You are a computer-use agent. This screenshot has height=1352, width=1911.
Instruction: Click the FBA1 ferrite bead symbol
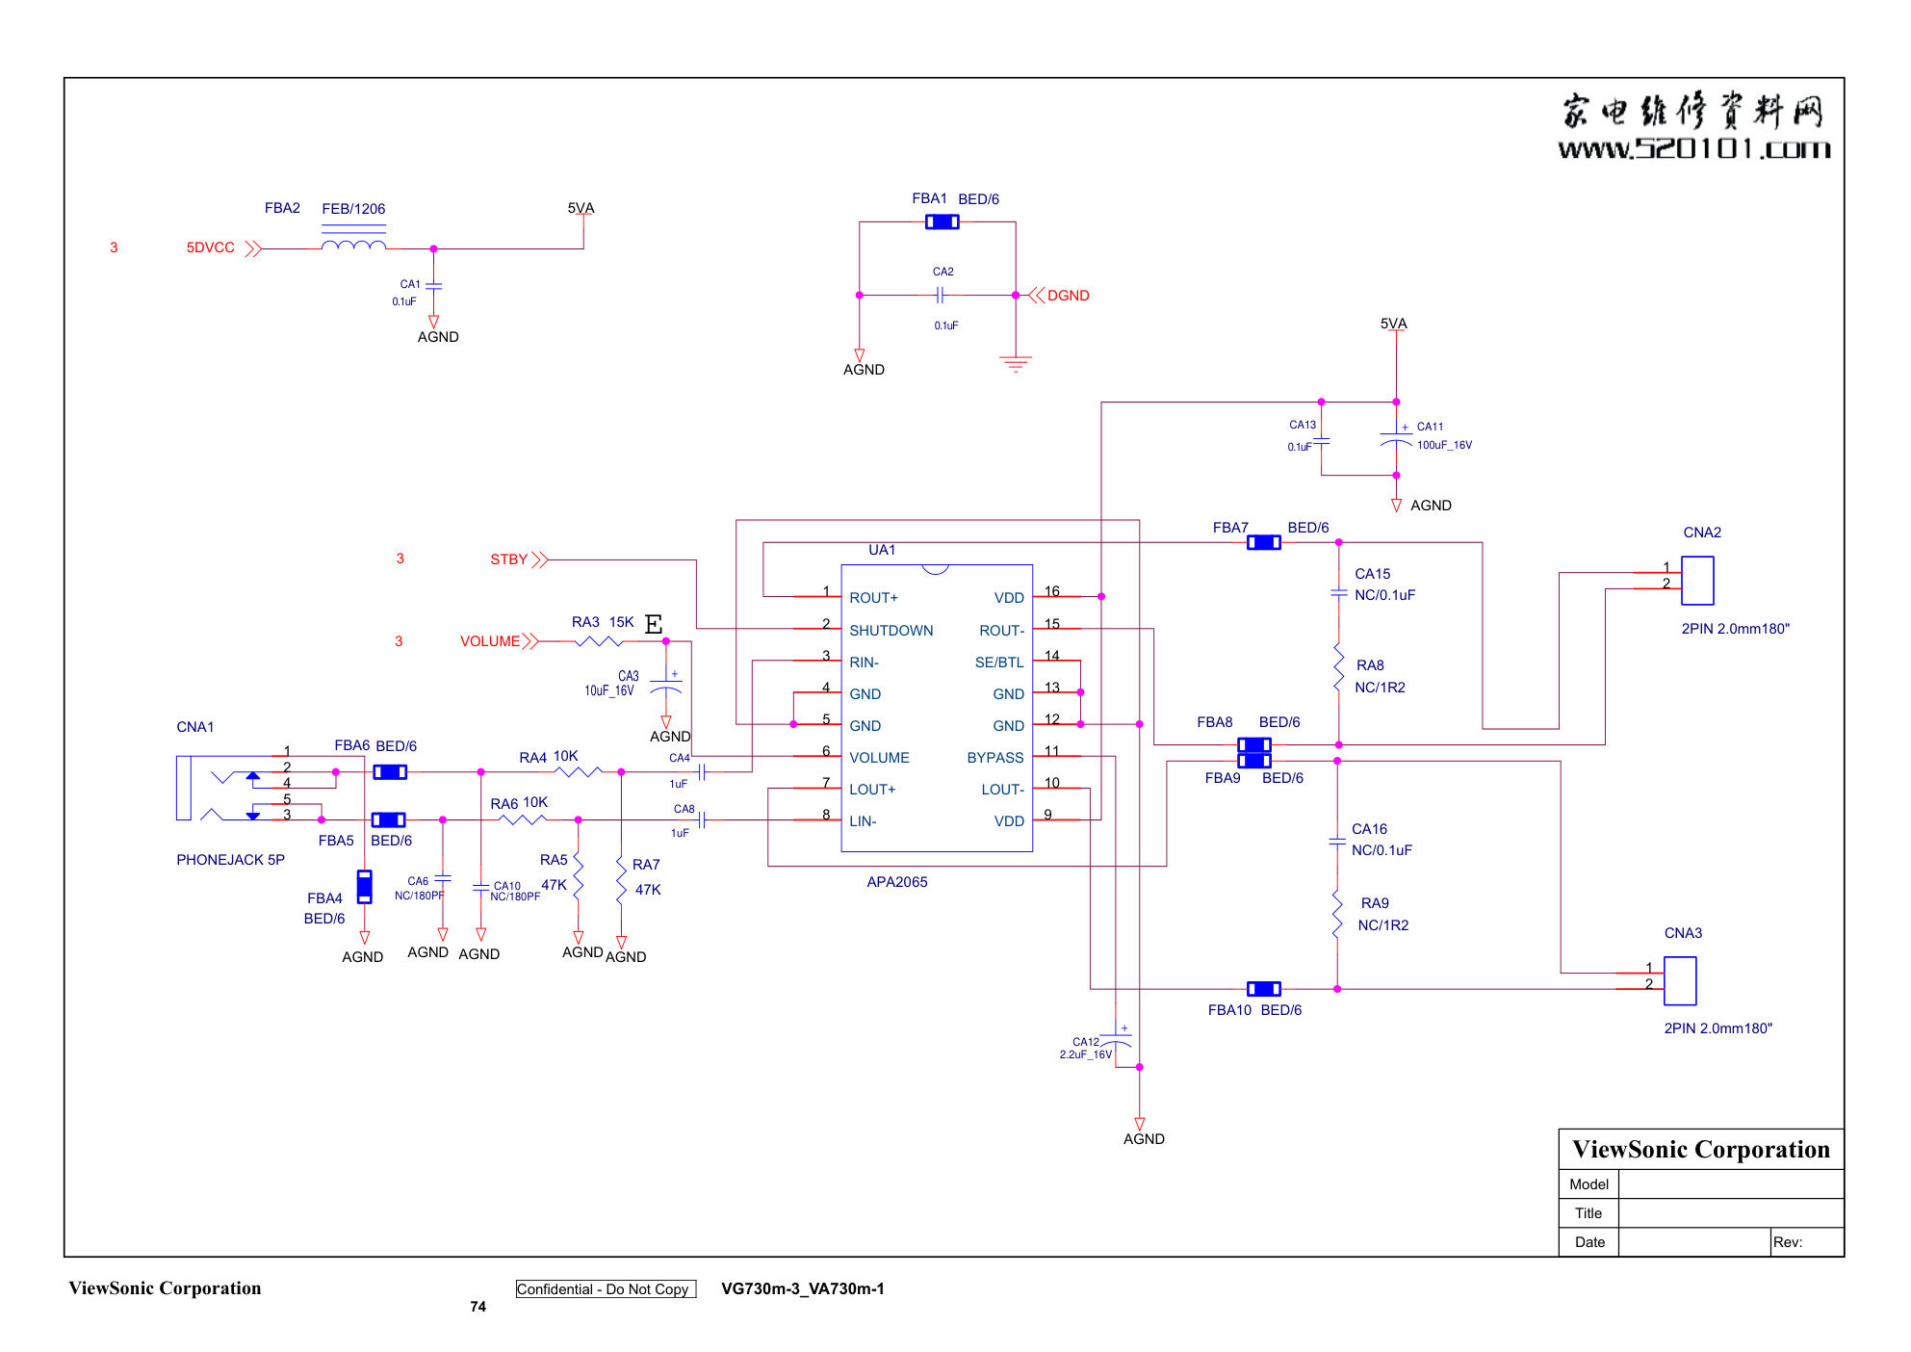(x=942, y=222)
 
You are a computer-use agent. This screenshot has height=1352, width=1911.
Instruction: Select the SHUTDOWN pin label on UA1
(x=891, y=631)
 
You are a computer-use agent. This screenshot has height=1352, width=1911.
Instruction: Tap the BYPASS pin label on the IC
(x=994, y=758)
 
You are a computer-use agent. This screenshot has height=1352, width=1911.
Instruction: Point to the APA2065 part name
(x=896, y=882)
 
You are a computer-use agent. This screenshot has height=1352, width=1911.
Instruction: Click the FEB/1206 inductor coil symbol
(x=353, y=246)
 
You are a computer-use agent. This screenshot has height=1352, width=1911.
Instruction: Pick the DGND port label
(x=1068, y=296)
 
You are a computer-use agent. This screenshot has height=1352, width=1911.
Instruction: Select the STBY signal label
(x=508, y=559)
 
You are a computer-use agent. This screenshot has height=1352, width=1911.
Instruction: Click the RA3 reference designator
(x=585, y=622)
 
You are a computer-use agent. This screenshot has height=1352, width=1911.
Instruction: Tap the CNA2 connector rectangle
(x=1696, y=581)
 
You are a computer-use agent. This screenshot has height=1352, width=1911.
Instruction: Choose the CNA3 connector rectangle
(x=1679, y=980)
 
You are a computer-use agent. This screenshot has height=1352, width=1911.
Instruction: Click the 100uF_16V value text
(x=1443, y=445)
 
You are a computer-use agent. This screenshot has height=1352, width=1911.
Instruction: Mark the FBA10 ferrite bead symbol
(x=1263, y=989)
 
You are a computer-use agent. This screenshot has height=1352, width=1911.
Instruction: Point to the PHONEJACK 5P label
(x=230, y=860)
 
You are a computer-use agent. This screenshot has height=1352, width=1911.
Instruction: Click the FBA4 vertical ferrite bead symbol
(x=364, y=887)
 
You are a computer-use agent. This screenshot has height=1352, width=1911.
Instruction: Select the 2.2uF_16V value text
(x=1085, y=1054)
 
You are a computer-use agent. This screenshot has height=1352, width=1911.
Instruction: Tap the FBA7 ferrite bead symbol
(x=1263, y=543)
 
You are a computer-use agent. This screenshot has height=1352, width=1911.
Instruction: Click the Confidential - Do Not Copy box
(x=606, y=1289)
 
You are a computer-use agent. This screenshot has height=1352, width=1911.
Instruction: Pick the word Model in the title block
(x=1588, y=1184)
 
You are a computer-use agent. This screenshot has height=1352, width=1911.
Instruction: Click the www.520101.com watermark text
(x=1693, y=148)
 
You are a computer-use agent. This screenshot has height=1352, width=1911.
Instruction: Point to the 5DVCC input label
(x=210, y=248)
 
